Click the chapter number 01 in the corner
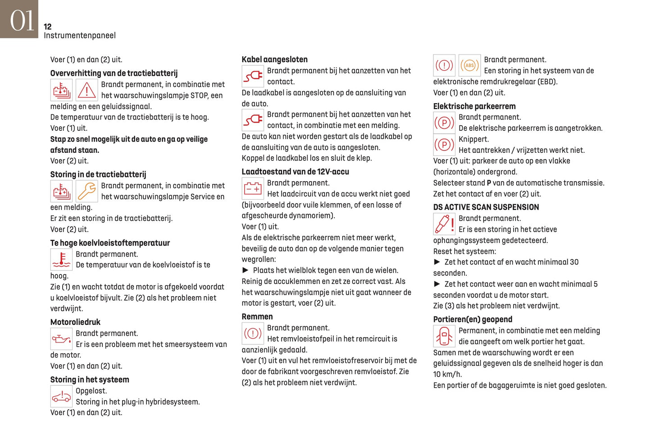point(22,20)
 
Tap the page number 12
point(48,27)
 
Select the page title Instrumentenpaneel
point(80,36)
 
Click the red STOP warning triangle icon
point(86,90)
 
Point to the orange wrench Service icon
point(86,191)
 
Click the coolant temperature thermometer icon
point(61,260)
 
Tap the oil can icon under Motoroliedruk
point(61,339)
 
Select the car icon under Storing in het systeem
point(61,397)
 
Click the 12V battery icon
point(253,188)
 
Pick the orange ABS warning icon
point(469,65)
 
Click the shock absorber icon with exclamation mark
point(444,224)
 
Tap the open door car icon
point(444,336)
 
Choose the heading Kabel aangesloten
point(274,59)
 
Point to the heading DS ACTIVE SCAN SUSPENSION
point(486,207)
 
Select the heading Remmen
point(257,317)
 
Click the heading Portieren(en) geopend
point(473,320)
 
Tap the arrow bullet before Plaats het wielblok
point(246,270)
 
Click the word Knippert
point(473,139)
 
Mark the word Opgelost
point(91,391)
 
